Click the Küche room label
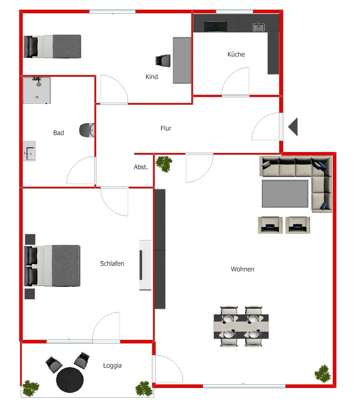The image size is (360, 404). (x=236, y=54)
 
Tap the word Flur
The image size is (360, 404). (x=166, y=128)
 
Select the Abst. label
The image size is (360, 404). (x=141, y=167)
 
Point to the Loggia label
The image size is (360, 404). (x=112, y=366)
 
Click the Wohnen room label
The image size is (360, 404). (x=242, y=269)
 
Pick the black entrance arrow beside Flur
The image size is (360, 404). (x=294, y=127)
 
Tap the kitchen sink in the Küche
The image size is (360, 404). (x=259, y=27)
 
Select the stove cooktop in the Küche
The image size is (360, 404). (x=216, y=27)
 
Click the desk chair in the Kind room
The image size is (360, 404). (x=163, y=60)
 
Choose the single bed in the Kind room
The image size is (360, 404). (x=53, y=46)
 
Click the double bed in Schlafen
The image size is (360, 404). (x=53, y=265)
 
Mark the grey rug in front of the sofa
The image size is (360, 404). (x=286, y=193)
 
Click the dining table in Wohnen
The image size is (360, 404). (x=241, y=327)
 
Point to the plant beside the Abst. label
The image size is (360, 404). (x=164, y=163)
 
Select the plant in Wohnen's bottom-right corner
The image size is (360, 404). (x=323, y=373)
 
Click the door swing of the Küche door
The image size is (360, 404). (x=235, y=81)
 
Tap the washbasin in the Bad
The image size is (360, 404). (x=29, y=151)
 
